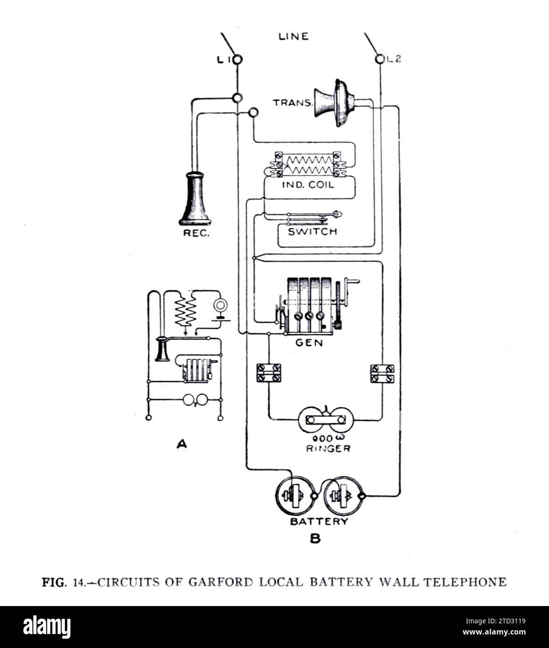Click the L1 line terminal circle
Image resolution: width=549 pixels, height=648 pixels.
[237, 59]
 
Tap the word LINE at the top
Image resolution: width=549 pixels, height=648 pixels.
[293, 36]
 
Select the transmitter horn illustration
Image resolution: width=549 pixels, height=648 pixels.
[336, 103]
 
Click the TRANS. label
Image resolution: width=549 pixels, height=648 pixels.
[292, 103]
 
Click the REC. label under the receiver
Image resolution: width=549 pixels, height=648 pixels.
[196, 234]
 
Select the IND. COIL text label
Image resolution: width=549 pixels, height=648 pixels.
[308, 185]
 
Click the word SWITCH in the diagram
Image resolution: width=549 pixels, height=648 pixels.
[312, 231]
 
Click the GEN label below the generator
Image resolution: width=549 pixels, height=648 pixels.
[309, 343]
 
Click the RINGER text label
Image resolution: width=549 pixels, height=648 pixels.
[328, 448]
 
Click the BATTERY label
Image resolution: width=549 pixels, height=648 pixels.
[319, 521]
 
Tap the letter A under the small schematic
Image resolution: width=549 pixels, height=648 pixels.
[181, 444]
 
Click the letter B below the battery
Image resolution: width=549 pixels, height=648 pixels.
[315, 539]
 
